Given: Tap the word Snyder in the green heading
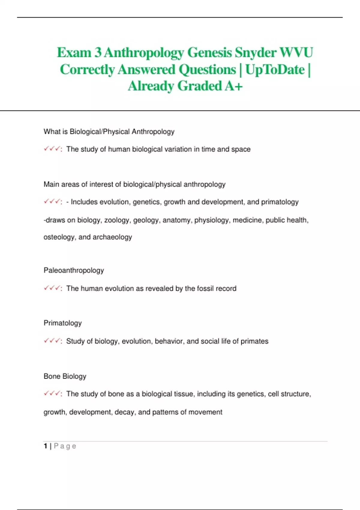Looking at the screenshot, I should [255, 52].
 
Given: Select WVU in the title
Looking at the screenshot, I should [296, 52].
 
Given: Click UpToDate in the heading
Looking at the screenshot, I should [275, 70].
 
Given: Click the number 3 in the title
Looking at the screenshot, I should [98, 52].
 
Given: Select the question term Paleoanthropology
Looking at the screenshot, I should [74, 270].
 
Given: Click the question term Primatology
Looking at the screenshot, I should [63, 323].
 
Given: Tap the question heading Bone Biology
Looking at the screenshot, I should [65, 376].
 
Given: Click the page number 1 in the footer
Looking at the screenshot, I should [45, 446].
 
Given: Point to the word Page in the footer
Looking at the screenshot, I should [65, 446].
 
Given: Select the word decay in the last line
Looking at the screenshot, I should [124, 412].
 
